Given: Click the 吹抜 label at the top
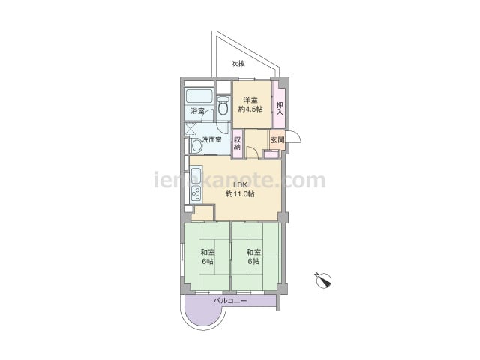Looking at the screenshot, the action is pos(238,63).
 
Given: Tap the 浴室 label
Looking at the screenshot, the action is pos(197,111).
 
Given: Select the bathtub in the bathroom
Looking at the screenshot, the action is pos(199,96).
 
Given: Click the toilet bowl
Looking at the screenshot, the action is pos(223,106).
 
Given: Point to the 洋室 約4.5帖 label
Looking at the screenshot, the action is pos(250,104).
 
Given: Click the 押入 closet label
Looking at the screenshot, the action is pos(280,109).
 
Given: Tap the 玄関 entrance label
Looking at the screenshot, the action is pos(277,140).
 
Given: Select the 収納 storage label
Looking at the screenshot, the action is pos(238,143).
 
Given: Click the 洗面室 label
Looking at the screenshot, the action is pos(211,140).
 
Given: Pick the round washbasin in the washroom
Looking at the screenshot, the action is pos(196,146).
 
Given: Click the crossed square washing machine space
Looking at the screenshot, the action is pos(190,129).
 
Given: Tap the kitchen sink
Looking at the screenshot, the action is pos(196,176).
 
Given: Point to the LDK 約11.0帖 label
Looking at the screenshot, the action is pos(240,190).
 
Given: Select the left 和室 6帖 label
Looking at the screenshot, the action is pos(207,256).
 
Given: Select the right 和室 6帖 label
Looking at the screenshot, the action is pos(253,256).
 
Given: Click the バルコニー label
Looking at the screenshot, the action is pos(230,301).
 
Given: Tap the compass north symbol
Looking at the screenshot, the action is pos(323,280).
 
